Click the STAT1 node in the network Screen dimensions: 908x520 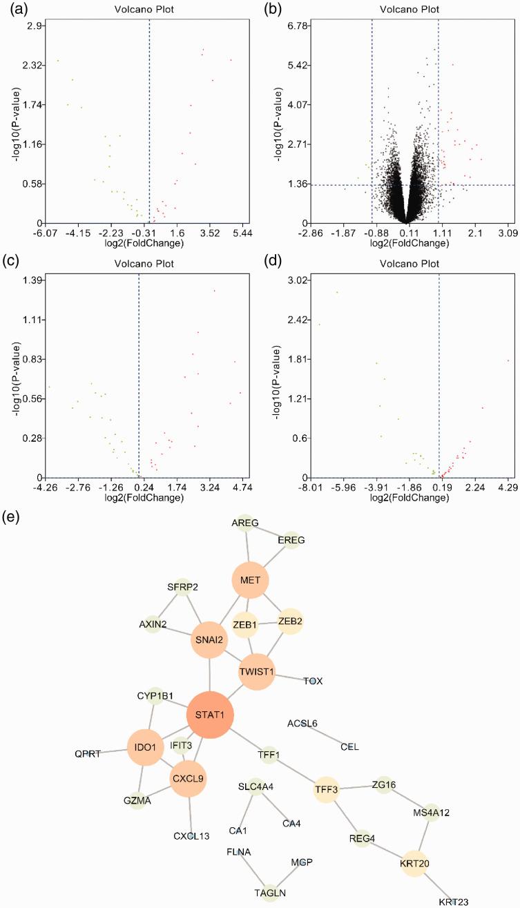pyautogui.click(x=211, y=714)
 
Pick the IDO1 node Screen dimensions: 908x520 pyautogui.click(x=145, y=748)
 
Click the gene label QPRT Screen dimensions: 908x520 pyautogui.click(x=88, y=753)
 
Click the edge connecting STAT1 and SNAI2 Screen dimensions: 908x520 pyautogui.click(x=210, y=676)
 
